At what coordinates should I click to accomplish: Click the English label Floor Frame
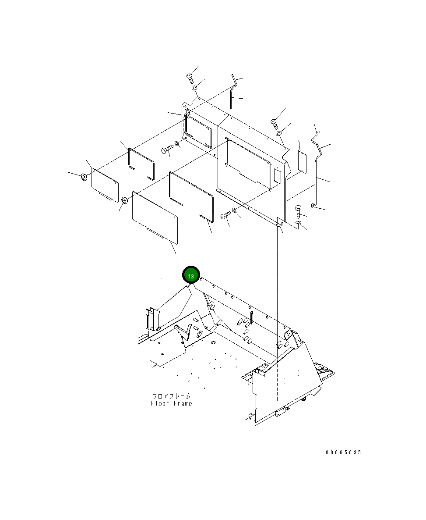[x=171, y=404]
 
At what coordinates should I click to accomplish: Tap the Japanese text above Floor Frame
[x=171, y=396]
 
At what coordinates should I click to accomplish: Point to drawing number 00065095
[x=343, y=452]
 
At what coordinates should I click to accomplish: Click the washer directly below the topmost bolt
[x=194, y=88]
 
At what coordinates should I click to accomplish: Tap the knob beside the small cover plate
[x=84, y=177]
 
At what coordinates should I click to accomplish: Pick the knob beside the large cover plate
[x=125, y=200]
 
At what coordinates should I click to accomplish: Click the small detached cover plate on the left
[x=105, y=185]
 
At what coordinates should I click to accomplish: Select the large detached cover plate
[x=155, y=216]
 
